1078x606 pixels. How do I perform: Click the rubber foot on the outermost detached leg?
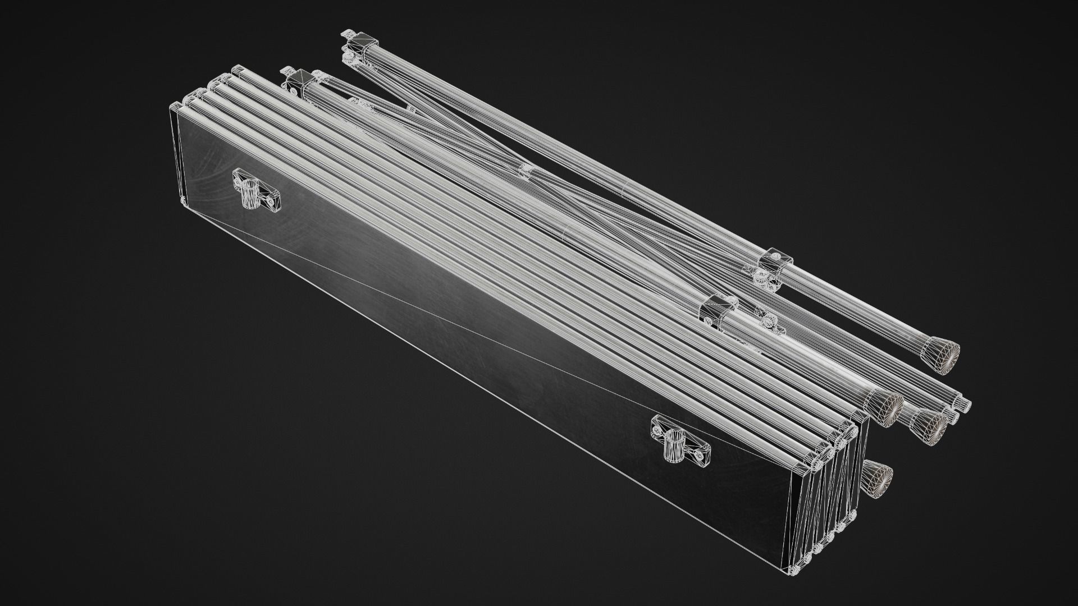[944, 355]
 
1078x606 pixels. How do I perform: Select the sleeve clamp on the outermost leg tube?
[776, 259]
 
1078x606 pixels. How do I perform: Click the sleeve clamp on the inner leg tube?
[719, 306]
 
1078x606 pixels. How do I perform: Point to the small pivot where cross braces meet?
[526, 169]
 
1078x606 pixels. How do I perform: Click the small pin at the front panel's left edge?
[182, 200]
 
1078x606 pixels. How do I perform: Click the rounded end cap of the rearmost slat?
[237, 70]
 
